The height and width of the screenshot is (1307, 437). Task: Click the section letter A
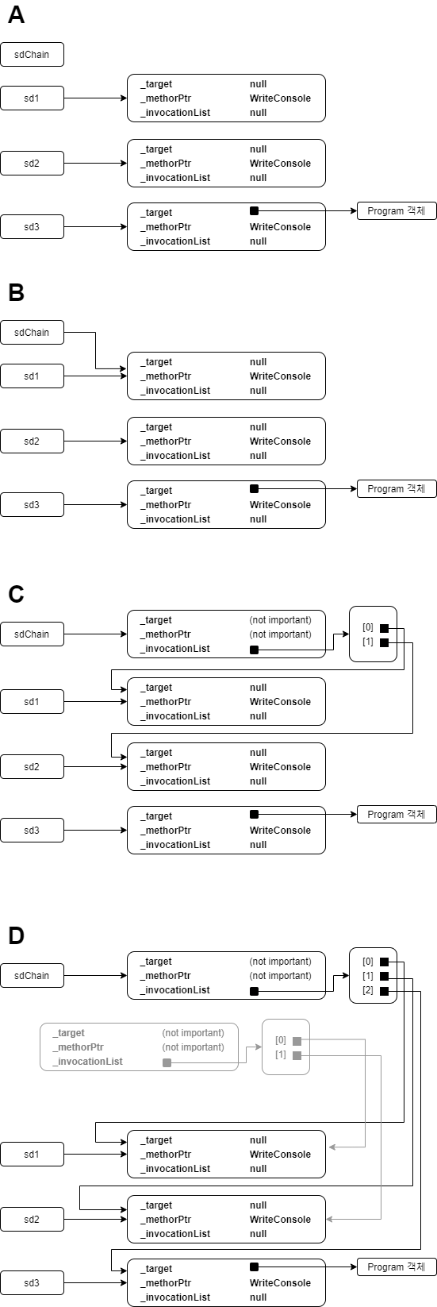coord(17,14)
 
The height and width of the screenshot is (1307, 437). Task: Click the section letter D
coord(17,935)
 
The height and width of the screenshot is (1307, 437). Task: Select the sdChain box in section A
coord(32,54)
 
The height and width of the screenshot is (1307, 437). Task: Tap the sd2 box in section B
coord(32,441)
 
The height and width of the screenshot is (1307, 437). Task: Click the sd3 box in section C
coord(32,831)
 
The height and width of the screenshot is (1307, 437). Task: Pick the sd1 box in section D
coord(32,1154)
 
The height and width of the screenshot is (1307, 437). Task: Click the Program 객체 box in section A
coord(397,210)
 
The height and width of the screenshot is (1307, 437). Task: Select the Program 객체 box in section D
coord(397,1267)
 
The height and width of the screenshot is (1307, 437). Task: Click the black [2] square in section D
coord(384,990)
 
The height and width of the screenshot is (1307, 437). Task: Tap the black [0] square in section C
coord(384,628)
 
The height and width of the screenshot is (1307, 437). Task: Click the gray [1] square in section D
coord(297,1055)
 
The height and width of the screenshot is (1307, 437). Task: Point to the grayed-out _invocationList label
coord(88,1062)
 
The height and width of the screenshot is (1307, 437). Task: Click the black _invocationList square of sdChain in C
coord(254,650)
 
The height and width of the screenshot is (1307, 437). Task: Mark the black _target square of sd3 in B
coord(254,489)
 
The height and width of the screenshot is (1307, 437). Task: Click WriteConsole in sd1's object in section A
coord(280,98)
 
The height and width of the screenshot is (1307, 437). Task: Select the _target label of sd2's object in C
coord(156,753)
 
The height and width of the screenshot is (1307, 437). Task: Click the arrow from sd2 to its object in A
coord(95,164)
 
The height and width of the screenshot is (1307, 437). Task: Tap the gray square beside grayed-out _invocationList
coord(167,1062)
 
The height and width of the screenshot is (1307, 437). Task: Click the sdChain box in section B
coord(32,332)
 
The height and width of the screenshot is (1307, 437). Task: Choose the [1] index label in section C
coord(368,642)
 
